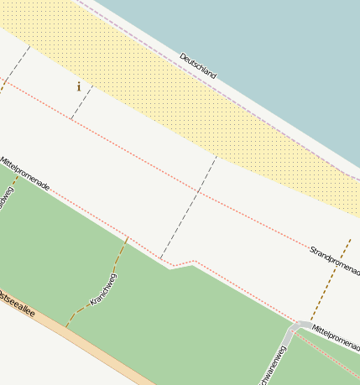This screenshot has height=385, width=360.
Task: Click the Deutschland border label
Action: [x=198, y=66]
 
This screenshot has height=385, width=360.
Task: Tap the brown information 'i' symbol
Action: [x=79, y=86]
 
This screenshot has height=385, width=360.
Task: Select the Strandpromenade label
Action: [x=334, y=260]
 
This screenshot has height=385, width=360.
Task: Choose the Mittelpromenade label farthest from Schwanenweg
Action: [x=25, y=173]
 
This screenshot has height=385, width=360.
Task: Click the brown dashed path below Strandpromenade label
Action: [x=336, y=277]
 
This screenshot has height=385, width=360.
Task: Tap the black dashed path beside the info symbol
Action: [x=81, y=103]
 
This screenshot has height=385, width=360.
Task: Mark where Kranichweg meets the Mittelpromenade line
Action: [x=128, y=237]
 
